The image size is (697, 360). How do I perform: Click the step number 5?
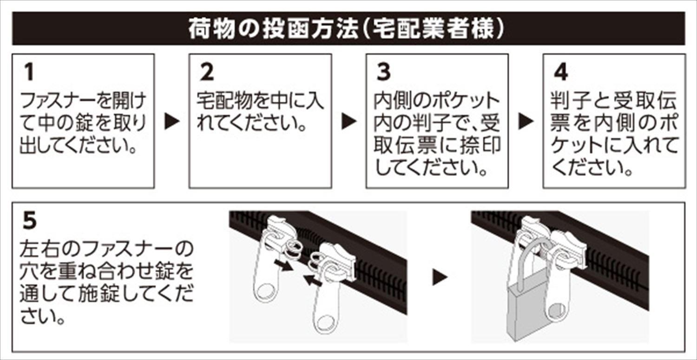tap(29, 221)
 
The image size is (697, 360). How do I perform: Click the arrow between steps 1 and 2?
tap(172, 122)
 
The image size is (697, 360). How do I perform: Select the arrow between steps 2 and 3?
tap(349, 122)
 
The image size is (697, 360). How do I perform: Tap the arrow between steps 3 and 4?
tap(526, 122)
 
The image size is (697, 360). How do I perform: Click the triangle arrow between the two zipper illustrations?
tap(440, 278)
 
